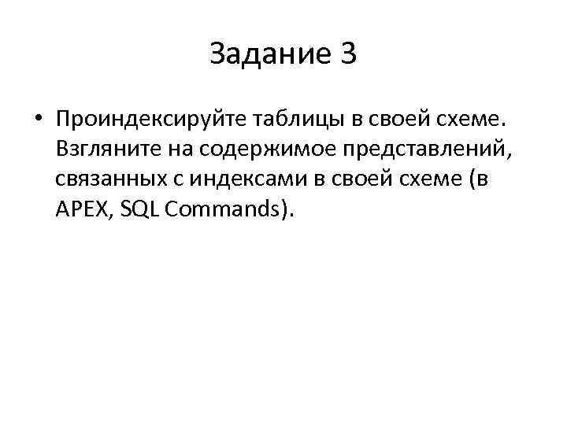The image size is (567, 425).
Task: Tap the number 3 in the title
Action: pos(348,54)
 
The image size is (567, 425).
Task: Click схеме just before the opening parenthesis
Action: pos(427,179)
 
